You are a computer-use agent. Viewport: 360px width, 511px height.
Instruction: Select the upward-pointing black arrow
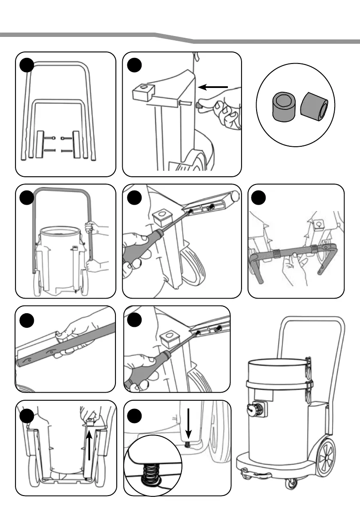tap(89, 446)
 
